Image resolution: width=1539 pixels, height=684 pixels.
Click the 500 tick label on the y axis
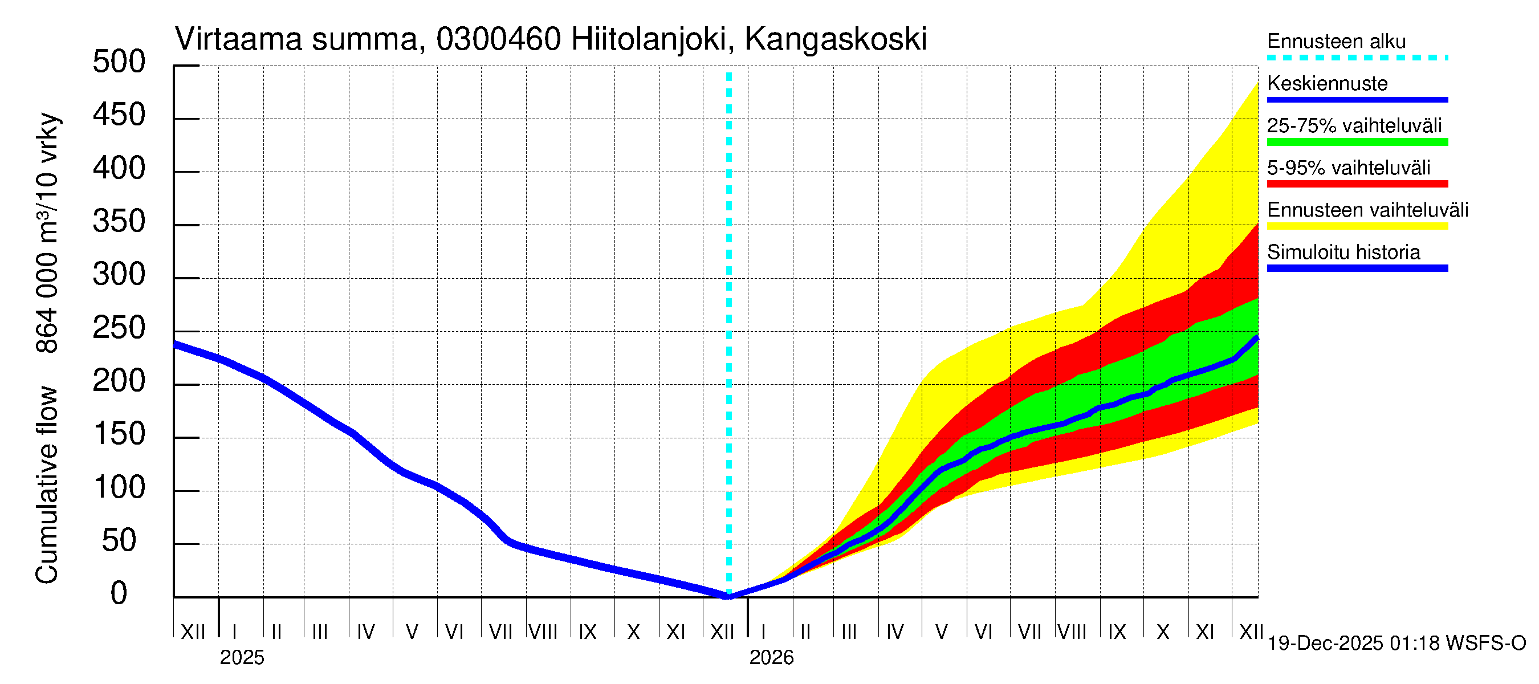(x=119, y=62)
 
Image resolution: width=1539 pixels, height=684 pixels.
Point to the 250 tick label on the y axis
(x=119, y=328)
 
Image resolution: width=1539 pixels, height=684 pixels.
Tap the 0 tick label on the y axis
(x=119, y=593)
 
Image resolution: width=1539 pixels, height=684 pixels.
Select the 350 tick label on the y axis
(x=119, y=222)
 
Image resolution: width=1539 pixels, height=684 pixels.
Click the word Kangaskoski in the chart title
(x=835, y=39)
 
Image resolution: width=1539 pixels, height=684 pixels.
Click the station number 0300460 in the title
(x=498, y=39)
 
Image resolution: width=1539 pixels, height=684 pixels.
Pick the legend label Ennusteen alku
(x=1336, y=41)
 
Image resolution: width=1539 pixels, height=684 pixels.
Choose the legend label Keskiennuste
(x=1327, y=84)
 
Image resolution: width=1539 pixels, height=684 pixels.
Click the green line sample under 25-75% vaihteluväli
(x=1357, y=142)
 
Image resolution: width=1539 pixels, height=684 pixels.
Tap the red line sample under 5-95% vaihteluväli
(x=1357, y=184)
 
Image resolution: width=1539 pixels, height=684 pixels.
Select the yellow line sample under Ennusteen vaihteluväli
(x=1357, y=226)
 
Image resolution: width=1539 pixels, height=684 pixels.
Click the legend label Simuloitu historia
(x=1343, y=252)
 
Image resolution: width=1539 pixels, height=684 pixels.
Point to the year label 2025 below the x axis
(x=242, y=658)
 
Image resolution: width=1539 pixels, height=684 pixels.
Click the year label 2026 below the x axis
(x=771, y=658)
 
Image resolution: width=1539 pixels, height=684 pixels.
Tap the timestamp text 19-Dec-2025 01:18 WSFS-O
(x=1396, y=644)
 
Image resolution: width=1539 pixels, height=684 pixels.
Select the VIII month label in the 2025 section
(x=543, y=632)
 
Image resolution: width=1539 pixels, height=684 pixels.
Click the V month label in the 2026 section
(x=941, y=632)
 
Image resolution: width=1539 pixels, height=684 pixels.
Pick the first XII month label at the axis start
(x=193, y=632)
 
